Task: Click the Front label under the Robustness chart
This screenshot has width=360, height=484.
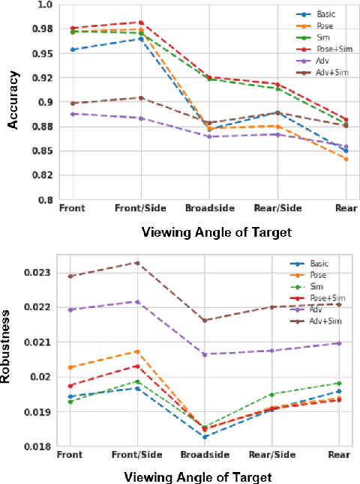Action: [x=70, y=454]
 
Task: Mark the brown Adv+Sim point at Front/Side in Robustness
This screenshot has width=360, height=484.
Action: [x=138, y=262]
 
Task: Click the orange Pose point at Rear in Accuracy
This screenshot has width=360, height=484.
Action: [x=345, y=160]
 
